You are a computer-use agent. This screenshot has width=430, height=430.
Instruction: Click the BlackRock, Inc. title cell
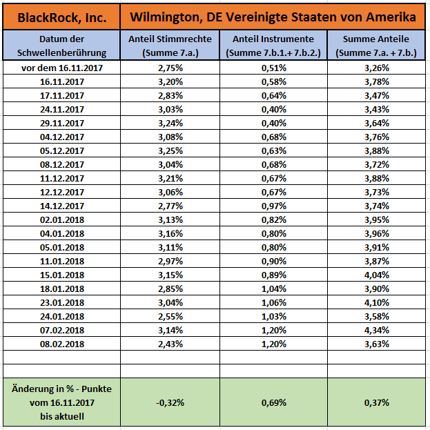[x=61, y=16]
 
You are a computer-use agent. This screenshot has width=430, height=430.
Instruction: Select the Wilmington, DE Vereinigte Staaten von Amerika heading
[x=273, y=16]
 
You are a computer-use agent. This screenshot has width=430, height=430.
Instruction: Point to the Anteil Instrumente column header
[x=273, y=46]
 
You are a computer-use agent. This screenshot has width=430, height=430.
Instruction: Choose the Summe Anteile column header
[x=376, y=46]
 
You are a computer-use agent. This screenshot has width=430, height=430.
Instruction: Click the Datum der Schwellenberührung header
[x=61, y=46]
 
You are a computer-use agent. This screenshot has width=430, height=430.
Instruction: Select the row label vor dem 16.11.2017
[x=61, y=68]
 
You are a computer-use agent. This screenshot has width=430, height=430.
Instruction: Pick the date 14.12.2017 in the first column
[x=61, y=206]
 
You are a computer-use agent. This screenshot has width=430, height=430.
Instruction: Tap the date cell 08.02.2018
[x=61, y=344]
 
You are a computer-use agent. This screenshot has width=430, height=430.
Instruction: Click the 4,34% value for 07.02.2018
[x=376, y=330]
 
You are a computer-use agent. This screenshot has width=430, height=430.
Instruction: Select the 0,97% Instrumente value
[x=273, y=206]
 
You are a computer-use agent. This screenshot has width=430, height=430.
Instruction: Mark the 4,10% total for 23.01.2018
[x=376, y=302]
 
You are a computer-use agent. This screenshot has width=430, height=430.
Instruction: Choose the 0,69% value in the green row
[x=273, y=402]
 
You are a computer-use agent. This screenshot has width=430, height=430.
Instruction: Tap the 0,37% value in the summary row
[x=376, y=402]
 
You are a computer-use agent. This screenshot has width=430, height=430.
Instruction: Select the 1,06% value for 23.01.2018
[x=273, y=302]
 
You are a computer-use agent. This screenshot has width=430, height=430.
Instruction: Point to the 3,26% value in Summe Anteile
[x=376, y=68]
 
